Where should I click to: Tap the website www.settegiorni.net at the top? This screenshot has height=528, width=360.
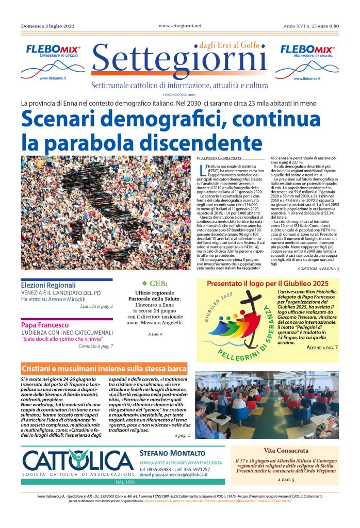(179, 25)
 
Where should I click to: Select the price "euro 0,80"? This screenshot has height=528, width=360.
(329, 26)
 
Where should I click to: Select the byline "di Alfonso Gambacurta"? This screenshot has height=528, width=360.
(221, 157)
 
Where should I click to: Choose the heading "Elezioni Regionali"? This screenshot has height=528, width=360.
(48, 285)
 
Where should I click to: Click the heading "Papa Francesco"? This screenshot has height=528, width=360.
(45, 325)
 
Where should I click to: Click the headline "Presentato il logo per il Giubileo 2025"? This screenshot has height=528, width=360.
(267, 284)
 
